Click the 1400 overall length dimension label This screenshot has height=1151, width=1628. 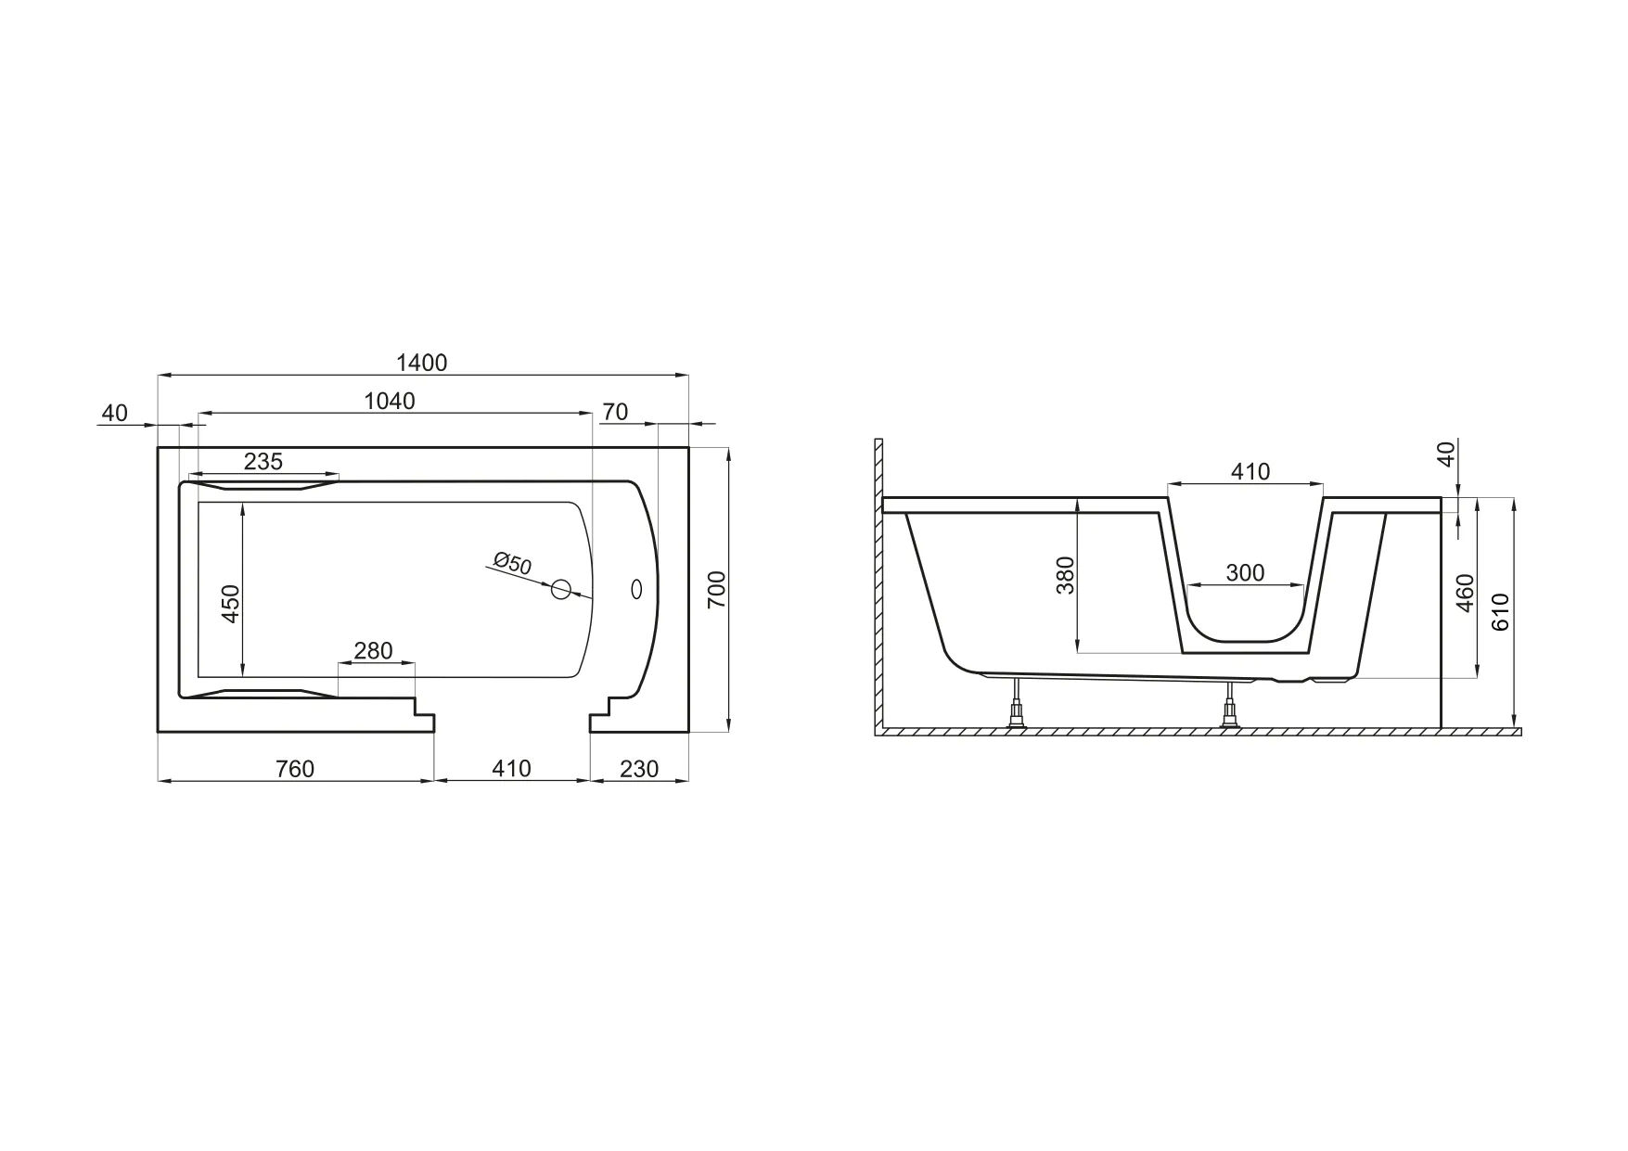(x=421, y=362)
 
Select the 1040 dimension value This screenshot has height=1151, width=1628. (x=390, y=401)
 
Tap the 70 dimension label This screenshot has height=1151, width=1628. (x=615, y=411)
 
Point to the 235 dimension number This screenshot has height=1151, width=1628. (x=263, y=461)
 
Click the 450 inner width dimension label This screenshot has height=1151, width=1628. (x=231, y=604)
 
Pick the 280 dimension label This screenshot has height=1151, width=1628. (x=374, y=651)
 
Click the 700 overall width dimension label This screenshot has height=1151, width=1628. (x=717, y=590)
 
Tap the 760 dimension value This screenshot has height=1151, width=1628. (x=296, y=769)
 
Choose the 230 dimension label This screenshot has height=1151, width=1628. (x=639, y=769)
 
